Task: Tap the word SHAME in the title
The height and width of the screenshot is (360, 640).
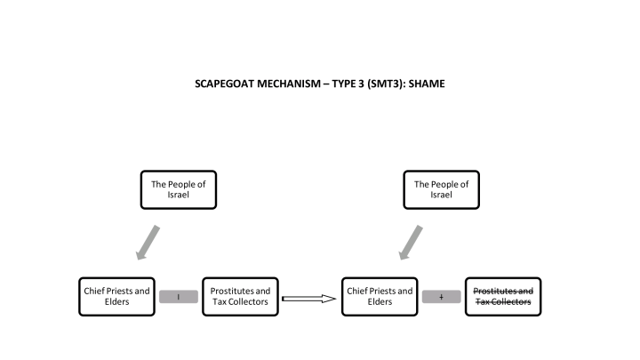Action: point(426,84)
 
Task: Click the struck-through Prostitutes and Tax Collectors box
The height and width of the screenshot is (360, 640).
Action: point(503,296)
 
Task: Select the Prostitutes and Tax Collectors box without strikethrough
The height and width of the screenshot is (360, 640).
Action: point(240,296)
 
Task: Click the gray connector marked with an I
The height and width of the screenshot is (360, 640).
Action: point(179,297)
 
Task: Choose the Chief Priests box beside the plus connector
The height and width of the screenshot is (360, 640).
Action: point(380,296)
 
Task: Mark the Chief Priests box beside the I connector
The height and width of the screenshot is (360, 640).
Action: point(116,296)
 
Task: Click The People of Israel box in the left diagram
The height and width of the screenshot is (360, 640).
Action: point(178,189)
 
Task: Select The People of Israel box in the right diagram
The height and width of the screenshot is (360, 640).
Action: point(442,189)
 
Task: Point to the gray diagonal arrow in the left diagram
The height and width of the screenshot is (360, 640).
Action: point(148,242)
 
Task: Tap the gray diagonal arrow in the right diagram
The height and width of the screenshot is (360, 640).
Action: point(412,242)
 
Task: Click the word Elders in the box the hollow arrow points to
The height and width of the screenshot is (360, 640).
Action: point(380,302)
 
